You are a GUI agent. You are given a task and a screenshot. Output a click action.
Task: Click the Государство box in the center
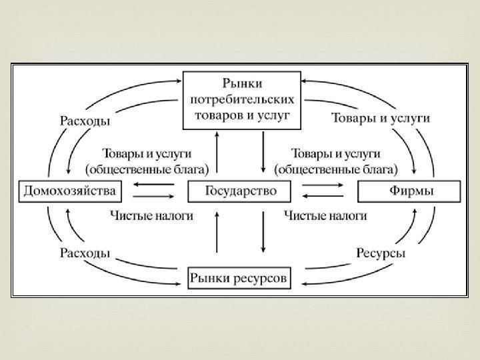(x=240, y=192)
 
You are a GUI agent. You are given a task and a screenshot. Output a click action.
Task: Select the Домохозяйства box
(x=69, y=192)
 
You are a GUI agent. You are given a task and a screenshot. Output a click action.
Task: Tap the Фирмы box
(x=410, y=192)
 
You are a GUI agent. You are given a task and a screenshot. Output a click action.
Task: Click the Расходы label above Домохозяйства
(x=85, y=121)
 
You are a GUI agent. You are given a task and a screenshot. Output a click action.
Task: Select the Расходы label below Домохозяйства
(x=85, y=253)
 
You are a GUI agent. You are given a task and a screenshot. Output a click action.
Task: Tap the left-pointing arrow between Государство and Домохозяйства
(x=152, y=186)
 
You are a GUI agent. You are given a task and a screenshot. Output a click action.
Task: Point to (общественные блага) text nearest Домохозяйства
(x=147, y=167)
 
